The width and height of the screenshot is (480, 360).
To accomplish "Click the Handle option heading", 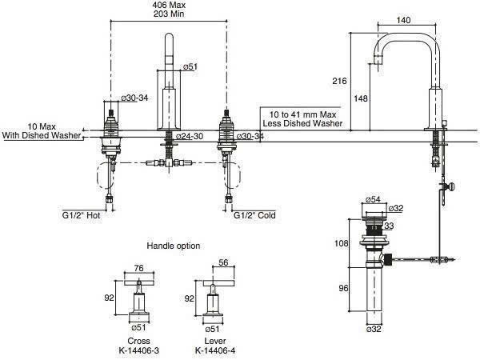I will click(174, 245).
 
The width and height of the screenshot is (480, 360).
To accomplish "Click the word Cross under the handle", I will click(138, 339).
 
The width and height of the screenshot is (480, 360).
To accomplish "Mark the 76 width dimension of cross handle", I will click(138, 269).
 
